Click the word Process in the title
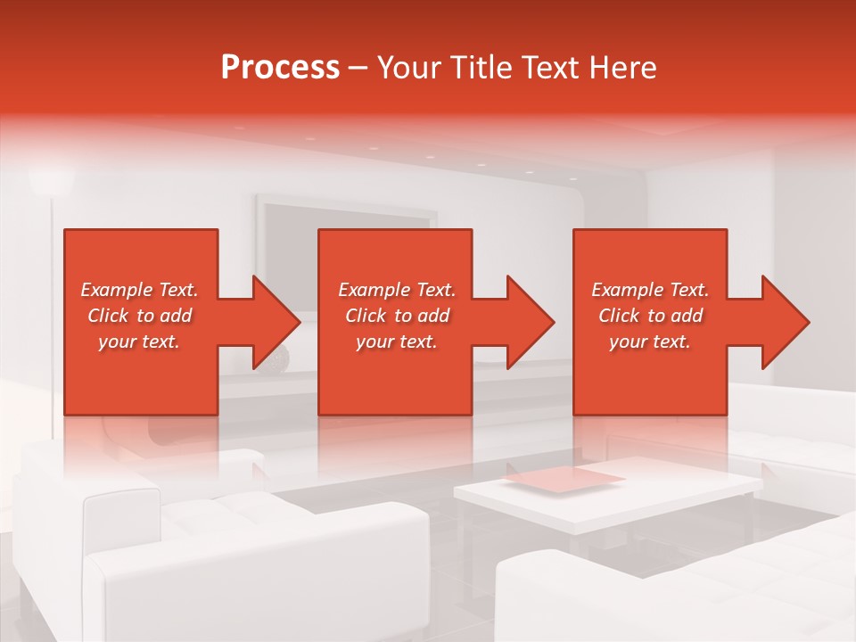280,68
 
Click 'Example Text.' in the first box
139,290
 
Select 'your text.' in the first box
139,342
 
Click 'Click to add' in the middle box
397,316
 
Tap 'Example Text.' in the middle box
397,290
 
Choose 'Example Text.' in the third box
650,290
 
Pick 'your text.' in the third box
650,342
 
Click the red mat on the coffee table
565,479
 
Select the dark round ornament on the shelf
280,358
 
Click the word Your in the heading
407,68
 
